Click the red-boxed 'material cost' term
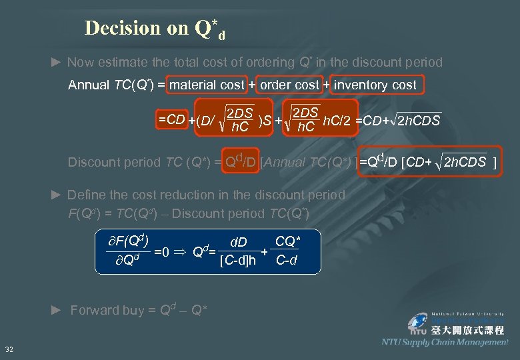207,85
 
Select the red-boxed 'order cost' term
289,85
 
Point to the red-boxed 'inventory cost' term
375,85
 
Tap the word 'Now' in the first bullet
80,62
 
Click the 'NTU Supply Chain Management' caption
445,342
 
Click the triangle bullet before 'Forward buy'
57,309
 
